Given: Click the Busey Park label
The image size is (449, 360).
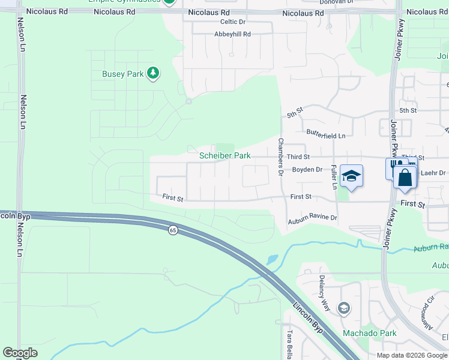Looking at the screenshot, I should tap(122, 74).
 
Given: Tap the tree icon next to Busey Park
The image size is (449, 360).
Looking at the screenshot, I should tap(153, 73).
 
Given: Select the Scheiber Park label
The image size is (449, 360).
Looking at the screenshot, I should tap(224, 155).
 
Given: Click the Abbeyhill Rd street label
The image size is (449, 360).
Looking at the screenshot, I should tap(232, 34).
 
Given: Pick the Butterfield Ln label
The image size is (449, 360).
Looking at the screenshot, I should tap(326, 136).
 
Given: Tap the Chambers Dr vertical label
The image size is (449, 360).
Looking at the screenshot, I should tap(280, 157).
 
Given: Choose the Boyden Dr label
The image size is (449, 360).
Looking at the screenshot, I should tap(307, 170).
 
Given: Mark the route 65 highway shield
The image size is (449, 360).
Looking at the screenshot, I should tap(173, 230).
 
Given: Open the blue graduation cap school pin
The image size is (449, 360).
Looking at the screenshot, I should tap(351, 175).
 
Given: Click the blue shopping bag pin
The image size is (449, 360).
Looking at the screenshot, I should tap(405, 177).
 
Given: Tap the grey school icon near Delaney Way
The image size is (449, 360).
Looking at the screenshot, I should tap(343, 308).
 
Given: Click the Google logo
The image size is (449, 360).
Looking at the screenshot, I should tap(20, 353).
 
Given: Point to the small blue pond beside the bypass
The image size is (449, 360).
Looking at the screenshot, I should tap(272, 260).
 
